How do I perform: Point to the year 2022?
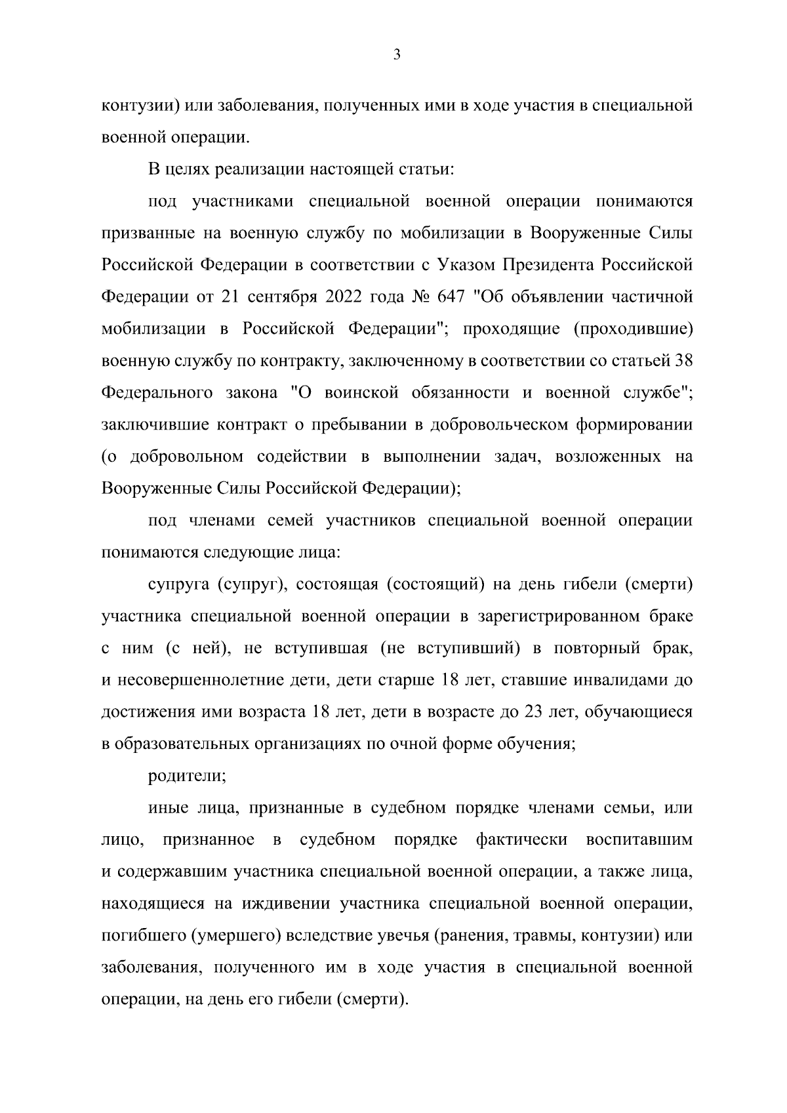[x=344, y=296]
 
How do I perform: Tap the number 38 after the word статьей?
[x=683, y=360]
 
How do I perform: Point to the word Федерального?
[x=157, y=392]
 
